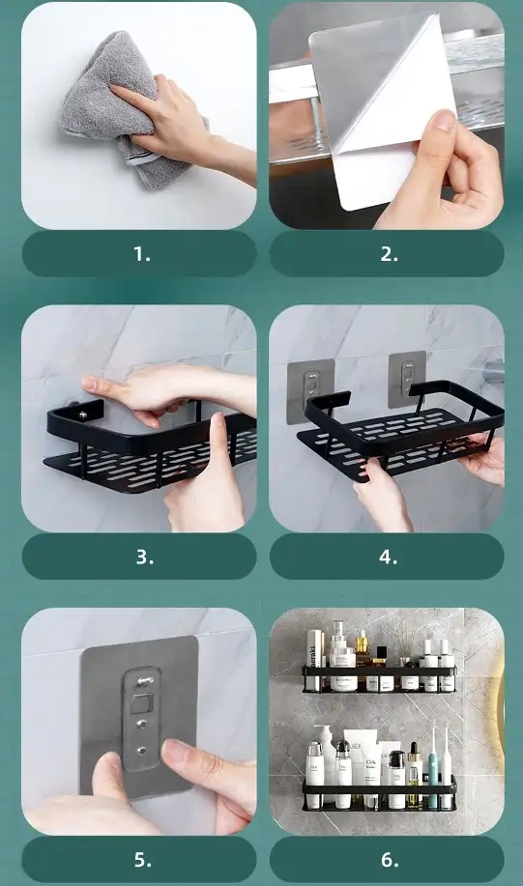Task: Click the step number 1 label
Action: [x=142, y=254]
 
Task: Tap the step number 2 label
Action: [x=389, y=254]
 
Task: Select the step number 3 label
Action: [x=144, y=557]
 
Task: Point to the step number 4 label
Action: [x=388, y=557]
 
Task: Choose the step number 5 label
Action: [x=142, y=860]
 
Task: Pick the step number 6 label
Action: [x=389, y=860]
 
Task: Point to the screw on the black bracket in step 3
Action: [x=83, y=415]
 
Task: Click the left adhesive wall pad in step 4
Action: [x=310, y=391]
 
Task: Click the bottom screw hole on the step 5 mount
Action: [x=142, y=752]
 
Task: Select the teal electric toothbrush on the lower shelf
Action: [x=433, y=768]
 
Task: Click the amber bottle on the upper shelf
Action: [x=362, y=655]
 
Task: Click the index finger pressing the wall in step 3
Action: [x=107, y=386]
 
